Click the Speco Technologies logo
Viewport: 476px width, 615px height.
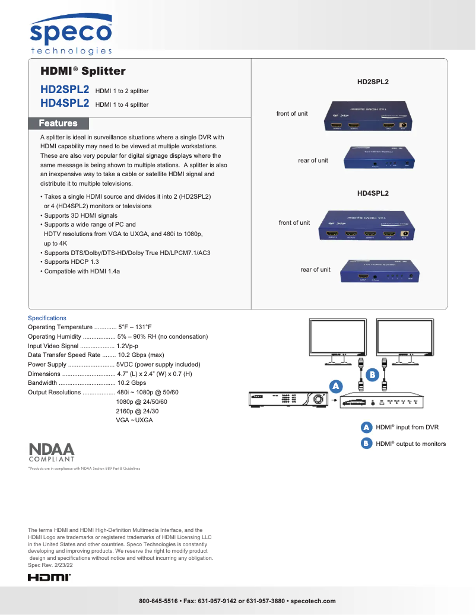(71, 36)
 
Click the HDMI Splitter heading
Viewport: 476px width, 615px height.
(83, 72)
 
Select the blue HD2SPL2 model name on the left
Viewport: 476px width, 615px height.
(65, 90)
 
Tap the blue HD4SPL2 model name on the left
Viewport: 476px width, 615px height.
(65, 103)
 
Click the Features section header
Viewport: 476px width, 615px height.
(58, 123)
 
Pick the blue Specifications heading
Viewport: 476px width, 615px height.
(47, 318)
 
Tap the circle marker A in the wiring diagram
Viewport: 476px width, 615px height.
(335, 386)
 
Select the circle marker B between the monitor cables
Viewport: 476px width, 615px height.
(372, 375)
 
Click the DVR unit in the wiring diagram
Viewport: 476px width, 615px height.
(287, 399)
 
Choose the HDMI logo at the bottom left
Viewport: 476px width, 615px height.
(49, 577)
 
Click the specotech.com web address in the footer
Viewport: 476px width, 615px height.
(313, 601)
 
